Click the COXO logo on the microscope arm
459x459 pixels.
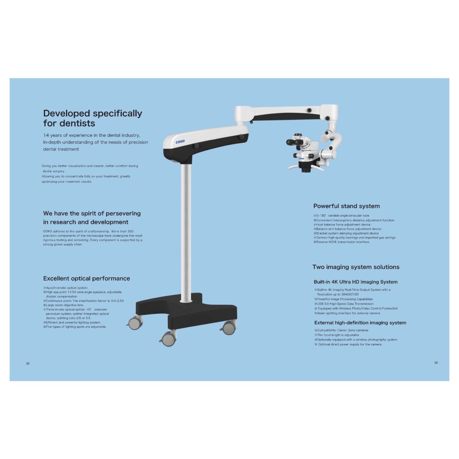pyautogui.click(x=180, y=141)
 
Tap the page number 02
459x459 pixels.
pyautogui.click(x=28, y=363)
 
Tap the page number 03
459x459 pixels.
pyautogui.click(x=436, y=363)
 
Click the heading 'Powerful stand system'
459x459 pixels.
pyautogui.click(x=347, y=206)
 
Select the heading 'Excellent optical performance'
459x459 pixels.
pyautogui.click(x=86, y=279)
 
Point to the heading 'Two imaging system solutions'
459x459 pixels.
pyautogui.click(x=356, y=267)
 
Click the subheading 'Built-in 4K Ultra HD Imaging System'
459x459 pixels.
pyautogui.click(x=356, y=282)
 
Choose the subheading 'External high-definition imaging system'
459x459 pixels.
pyautogui.click(x=360, y=323)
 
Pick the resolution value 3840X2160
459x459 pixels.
pyautogui.click(x=350, y=294)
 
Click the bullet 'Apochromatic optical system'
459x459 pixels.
pyautogui.click(x=66, y=288)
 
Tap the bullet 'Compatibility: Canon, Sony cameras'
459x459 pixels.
pyautogui.click(x=341, y=330)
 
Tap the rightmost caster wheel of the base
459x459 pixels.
pyautogui.click(x=229, y=327)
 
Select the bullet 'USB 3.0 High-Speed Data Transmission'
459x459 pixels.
pyautogui.click(x=344, y=304)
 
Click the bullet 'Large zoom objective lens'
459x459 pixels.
pyautogui.click(x=63, y=305)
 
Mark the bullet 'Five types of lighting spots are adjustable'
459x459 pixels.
pyautogui.click(x=75, y=327)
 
